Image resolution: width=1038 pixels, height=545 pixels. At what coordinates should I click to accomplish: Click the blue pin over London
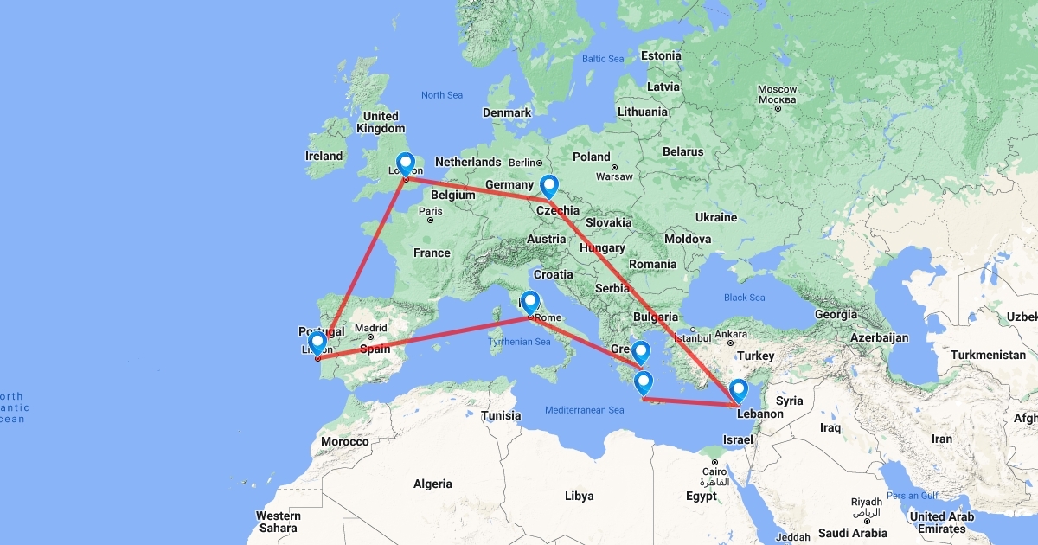coord(405,163)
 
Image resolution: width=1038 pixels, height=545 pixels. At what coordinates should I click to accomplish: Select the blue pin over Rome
coord(529,301)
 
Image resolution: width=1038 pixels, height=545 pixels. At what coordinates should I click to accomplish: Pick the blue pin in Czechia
coord(548,185)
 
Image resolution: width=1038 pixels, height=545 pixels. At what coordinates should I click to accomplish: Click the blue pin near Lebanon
coord(738,390)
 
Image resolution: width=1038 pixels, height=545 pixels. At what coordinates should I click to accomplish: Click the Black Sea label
coord(744,298)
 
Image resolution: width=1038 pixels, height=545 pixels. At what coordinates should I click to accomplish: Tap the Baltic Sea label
coord(603,59)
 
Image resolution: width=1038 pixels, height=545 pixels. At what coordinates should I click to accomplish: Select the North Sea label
coord(442,95)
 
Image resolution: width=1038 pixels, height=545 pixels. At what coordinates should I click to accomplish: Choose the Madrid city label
coord(370,328)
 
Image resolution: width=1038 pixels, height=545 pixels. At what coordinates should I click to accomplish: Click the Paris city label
coord(430,211)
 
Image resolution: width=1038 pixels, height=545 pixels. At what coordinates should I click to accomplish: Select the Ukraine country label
coord(715,217)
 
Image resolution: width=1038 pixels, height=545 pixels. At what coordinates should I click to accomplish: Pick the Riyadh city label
coord(867,502)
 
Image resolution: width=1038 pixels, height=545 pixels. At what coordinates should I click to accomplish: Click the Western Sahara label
coord(278,522)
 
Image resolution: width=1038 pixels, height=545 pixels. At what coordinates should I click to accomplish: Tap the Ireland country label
coord(324,157)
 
